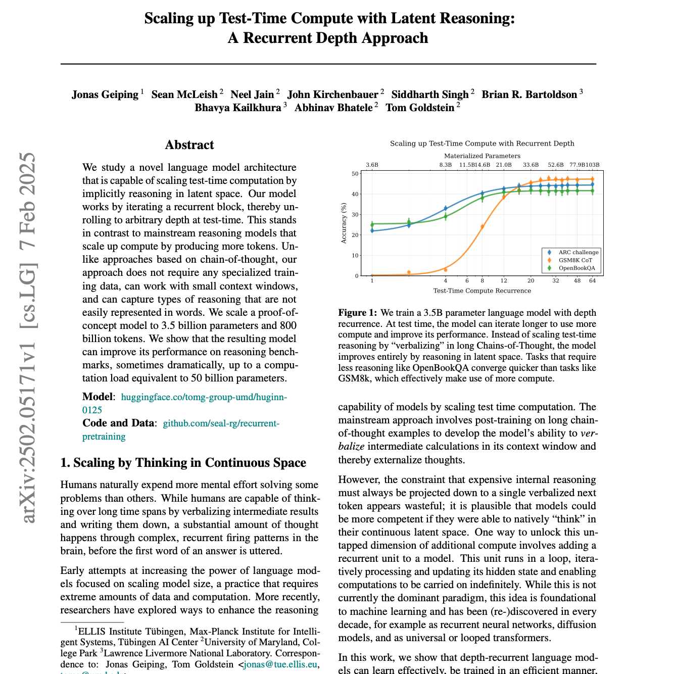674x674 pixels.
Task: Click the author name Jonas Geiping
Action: coord(105,94)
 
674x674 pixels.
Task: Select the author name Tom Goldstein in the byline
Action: coord(420,108)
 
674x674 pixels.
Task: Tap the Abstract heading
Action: coord(189,145)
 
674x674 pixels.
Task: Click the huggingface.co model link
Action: coord(204,397)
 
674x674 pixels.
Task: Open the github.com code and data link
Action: coord(221,423)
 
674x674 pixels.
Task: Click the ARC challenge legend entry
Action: coord(578,253)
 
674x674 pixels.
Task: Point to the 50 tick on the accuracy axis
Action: coord(355,174)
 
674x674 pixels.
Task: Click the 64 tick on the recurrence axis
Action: coord(592,281)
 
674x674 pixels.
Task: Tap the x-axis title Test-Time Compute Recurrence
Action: coord(482,291)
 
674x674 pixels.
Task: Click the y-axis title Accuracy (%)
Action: coord(344,223)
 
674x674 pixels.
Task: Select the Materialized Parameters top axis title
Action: coord(482,156)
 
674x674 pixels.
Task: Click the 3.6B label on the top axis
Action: coord(372,165)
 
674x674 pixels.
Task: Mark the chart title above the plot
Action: coord(482,143)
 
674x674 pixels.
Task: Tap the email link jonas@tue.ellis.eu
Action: coord(281,664)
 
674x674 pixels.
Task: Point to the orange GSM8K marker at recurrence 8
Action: coord(482,227)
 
